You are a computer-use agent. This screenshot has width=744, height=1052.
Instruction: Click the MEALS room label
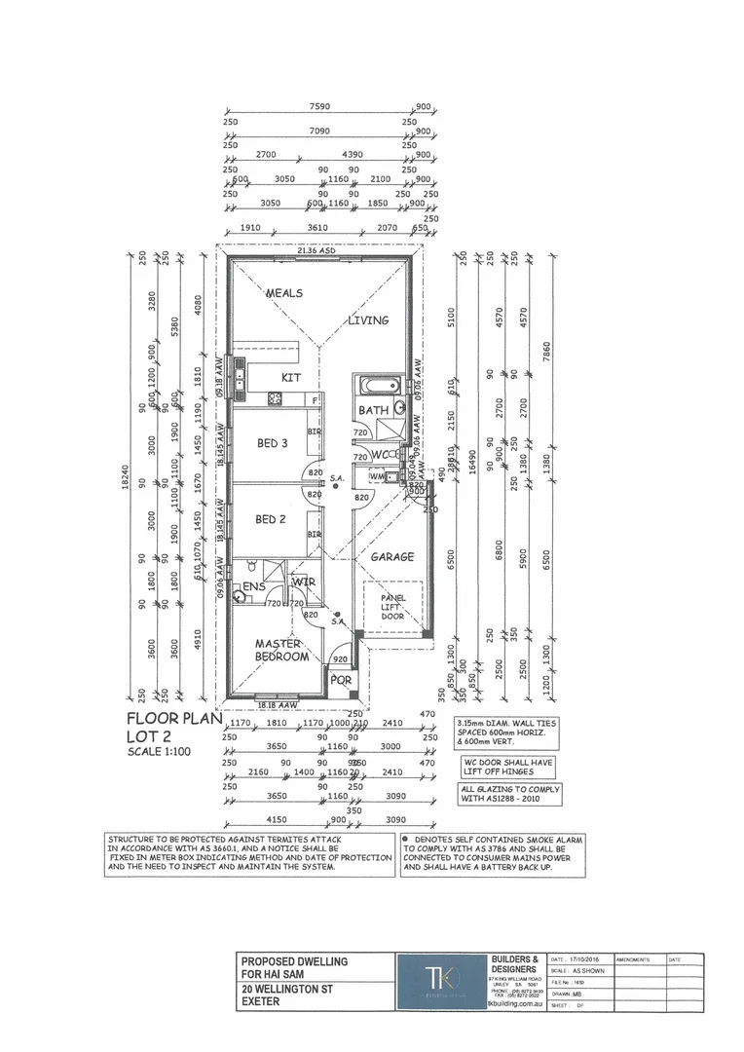[283, 293]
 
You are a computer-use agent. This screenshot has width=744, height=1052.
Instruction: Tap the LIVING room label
[369, 319]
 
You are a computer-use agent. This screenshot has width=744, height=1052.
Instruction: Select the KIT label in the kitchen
[291, 377]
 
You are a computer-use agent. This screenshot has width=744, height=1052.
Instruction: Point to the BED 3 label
[272, 443]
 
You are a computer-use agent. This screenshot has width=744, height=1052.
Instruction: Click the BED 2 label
[270, 520]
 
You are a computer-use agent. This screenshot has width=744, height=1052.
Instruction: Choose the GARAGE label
[391, 557]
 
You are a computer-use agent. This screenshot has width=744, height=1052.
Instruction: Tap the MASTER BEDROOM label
[281, 650]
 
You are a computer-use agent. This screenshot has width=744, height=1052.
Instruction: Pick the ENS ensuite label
[254, 586]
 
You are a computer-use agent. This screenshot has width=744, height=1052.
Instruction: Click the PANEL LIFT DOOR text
[391, 607]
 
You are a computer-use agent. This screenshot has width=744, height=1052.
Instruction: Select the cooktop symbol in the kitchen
[275, 397]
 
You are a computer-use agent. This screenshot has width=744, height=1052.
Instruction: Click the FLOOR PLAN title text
[175, 720]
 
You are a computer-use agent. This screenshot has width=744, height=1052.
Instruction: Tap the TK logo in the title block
[438, 979]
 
